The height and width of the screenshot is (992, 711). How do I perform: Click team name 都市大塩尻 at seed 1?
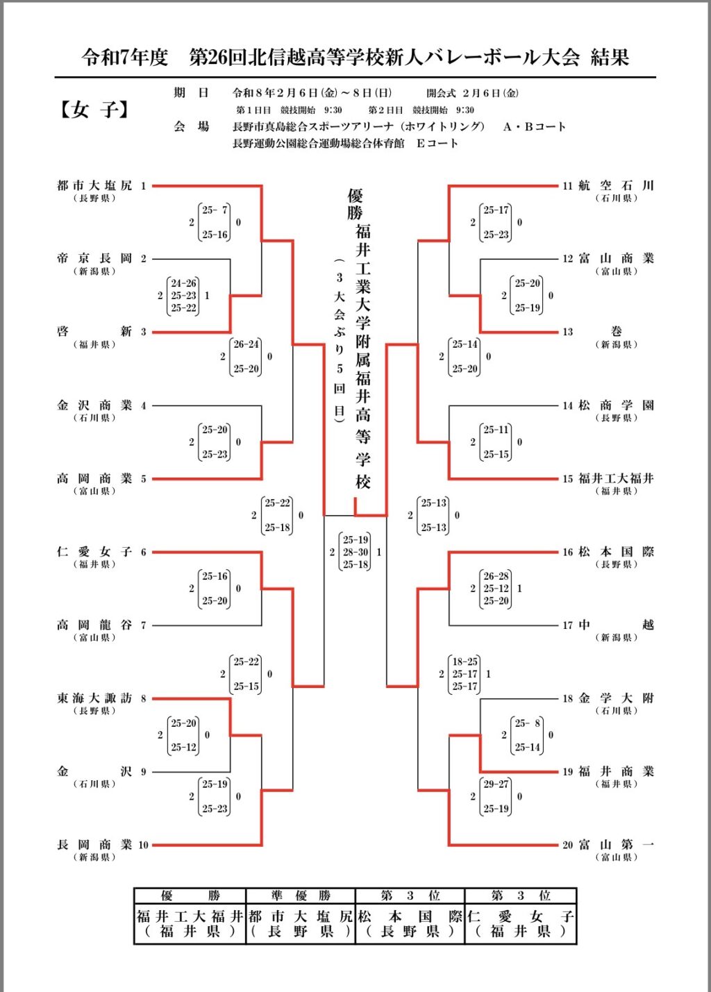click(94, 186)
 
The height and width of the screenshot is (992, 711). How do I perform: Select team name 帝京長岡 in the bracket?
click(94, 259)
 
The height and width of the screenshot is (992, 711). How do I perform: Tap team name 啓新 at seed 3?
click(94, 332)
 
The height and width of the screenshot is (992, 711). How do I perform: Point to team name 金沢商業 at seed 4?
click(94, 405)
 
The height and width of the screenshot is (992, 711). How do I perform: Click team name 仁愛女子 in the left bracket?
click(94, 552)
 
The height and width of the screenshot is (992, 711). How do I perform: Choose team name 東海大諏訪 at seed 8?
click(94, 698)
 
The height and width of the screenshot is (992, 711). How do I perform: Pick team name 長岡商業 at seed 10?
click(94, 845)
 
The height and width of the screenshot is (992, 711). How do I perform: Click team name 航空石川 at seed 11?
click(616, 186)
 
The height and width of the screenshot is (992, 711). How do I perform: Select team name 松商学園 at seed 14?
click(616, 405)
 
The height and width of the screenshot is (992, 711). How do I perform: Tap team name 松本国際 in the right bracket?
click(616, 552)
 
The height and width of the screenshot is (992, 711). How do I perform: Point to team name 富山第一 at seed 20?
click(616, 845)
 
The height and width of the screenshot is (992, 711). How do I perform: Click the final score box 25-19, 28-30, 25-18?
click(355, 552)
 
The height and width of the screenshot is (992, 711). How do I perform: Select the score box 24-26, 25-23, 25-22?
click(183, 296)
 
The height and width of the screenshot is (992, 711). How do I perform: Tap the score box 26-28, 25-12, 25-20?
click(496, 589)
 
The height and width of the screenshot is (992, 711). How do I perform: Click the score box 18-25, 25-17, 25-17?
click(465, 674)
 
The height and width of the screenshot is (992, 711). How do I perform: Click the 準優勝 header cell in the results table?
click(301, 896)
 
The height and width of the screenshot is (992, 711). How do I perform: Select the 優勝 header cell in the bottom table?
click(190, 896)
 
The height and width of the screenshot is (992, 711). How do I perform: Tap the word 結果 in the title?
click(610, 58)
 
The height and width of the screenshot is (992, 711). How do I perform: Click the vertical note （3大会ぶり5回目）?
click(339, 340)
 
